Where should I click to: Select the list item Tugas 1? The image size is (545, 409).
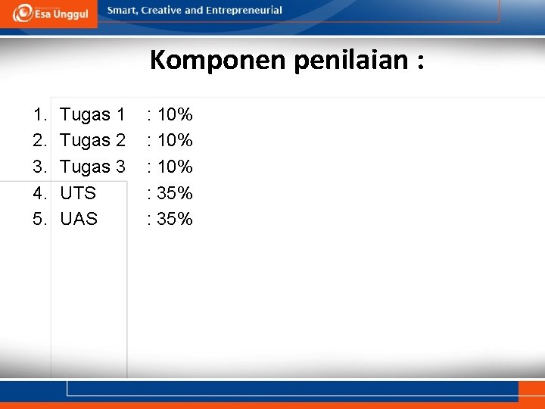pyautogui.click(x=92, y=115)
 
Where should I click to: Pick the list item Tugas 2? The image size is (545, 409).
pyautogui.click(x=92, y=141)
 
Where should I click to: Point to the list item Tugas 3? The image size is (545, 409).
pyautogui.click(x=92, y=167)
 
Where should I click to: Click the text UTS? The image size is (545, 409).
pyautogui.click(x=78, y=193)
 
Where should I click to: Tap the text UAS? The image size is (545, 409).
pyautogui.click(x=79, y=219)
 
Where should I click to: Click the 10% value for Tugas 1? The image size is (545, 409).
pyautogui.click(x=175, y=115)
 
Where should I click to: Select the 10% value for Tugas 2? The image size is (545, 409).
pyautogui.click(x=175, y=141)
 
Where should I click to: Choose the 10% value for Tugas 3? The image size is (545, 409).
pyautogui.click(x=175, y=167)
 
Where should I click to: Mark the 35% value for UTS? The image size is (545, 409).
pyautogui.click(x=175, y=193)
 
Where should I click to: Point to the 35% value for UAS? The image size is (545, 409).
pyautogui.click(x=175, y=219)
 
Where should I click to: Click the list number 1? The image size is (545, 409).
pyautogui.click(x=39, y=115)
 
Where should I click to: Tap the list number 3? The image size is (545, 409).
pyautogui.click(x=39, y=167)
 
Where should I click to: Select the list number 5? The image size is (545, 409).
pyautogui.click(x=39, y=219)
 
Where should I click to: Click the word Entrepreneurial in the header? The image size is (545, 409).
pyautogui.click(x=243, y=11)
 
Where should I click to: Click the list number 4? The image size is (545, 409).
pyautogui.click(x=39, y=193)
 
